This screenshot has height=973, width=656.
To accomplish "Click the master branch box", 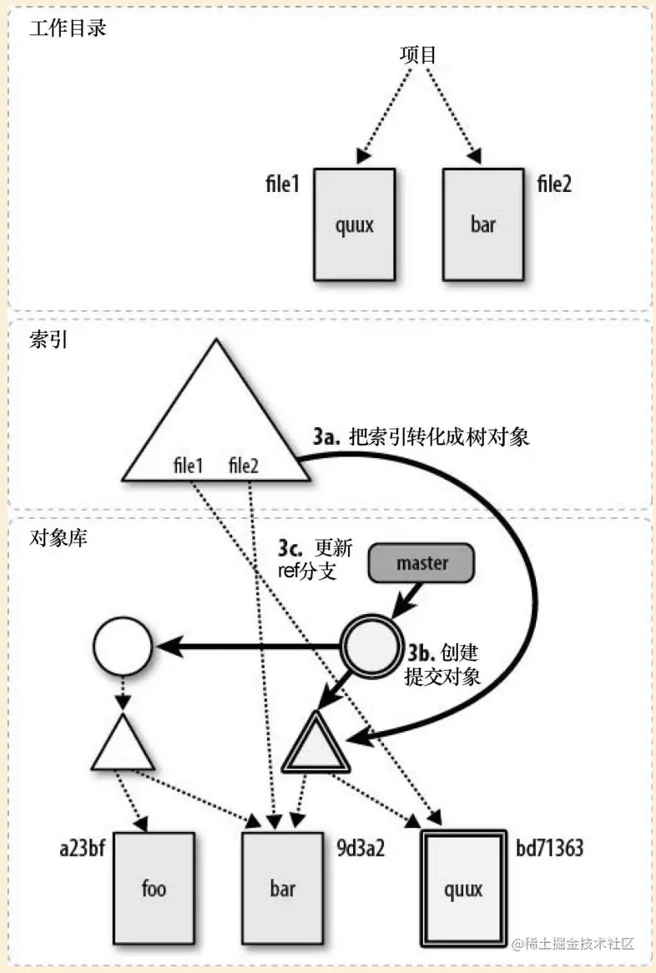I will [421, 562].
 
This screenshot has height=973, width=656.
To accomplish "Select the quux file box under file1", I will [354, 225].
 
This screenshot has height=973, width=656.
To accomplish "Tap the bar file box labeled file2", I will [483, 225].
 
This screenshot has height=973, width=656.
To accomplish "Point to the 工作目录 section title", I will [68, 28].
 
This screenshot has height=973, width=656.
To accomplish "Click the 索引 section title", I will [48, 342].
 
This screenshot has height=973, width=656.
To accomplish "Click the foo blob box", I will [154, 888].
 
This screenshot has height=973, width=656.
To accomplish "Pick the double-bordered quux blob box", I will [463, 889].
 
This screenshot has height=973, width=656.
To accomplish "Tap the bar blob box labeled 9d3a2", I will [282, 888].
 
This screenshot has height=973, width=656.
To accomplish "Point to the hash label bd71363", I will [549, 849].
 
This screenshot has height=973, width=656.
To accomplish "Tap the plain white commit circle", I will [123, 646].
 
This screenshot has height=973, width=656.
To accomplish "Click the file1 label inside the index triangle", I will [188, 465].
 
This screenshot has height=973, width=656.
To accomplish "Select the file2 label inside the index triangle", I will [244, 465].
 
